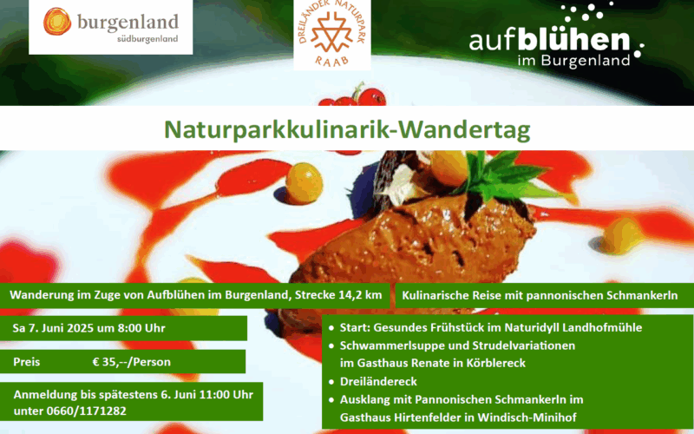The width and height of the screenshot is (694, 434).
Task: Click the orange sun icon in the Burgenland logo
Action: [57, 21]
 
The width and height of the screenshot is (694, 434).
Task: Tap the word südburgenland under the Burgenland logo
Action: [147, 39]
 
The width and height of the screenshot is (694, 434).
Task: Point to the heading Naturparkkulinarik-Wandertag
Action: [347, 129]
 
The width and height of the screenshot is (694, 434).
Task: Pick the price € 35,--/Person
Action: [131, 362]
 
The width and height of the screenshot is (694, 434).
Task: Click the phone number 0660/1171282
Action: [86, 411]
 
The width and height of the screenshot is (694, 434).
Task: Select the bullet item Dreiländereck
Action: [378, 381]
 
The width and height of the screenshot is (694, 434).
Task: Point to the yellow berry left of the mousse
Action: [304, 183]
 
